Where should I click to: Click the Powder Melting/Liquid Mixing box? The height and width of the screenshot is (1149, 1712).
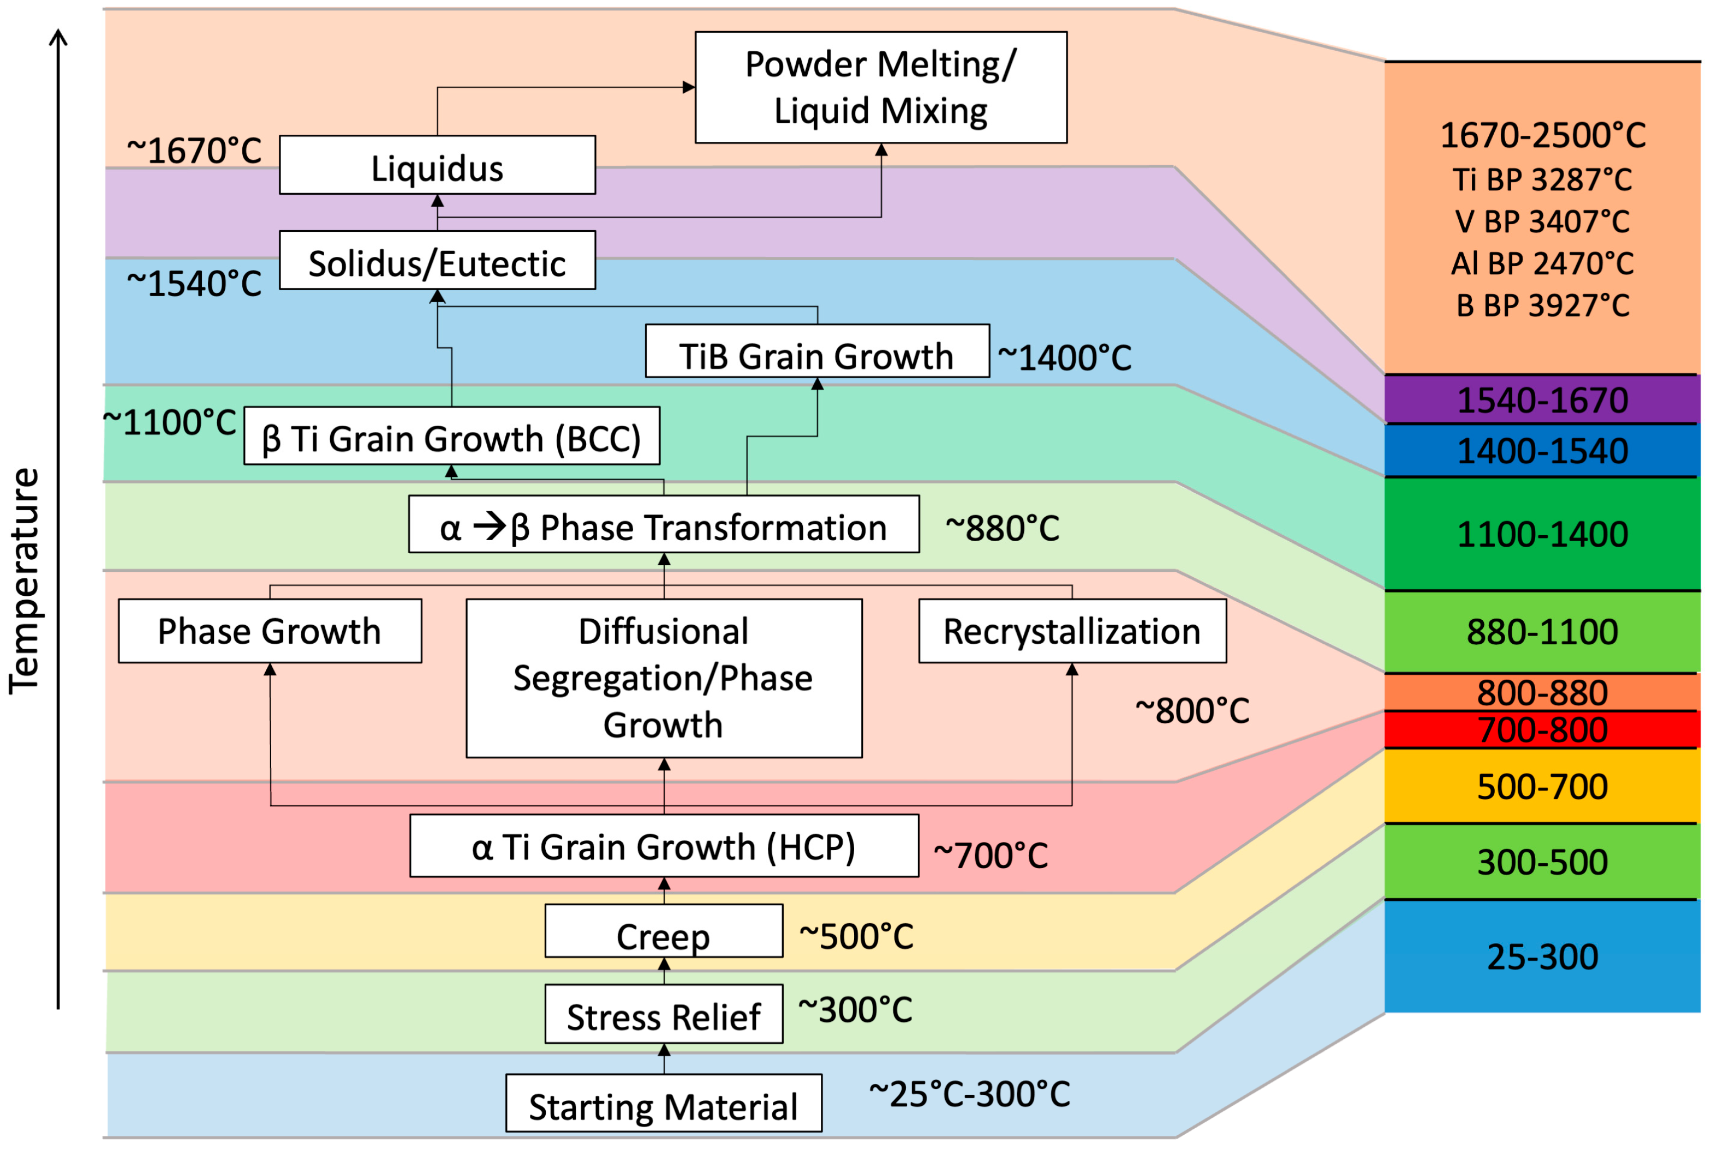pos(880,87)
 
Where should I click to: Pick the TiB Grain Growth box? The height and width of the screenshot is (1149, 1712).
pos(816,352)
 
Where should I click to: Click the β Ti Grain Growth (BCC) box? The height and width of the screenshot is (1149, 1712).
pos(451,436)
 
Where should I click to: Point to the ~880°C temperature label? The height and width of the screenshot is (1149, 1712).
pos(1002,528)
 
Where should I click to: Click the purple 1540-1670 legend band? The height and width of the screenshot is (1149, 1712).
pos(1541,400)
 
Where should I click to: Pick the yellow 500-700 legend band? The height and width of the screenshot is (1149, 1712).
pos(1541,786)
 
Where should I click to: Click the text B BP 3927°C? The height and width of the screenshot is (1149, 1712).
pos(1541,306)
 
